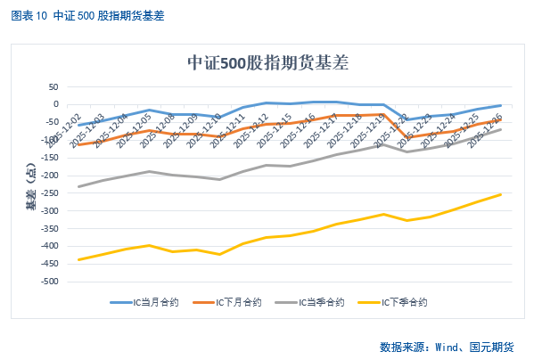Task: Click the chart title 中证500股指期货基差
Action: tap(267, 63)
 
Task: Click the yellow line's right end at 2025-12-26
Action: tap(500, 194)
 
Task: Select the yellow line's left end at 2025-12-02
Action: tap(78, 259)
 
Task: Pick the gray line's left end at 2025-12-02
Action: tap(78, 186)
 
